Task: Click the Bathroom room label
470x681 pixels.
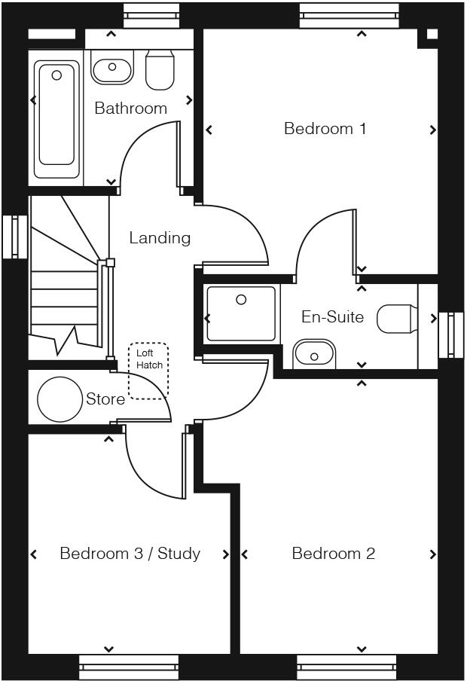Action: pos(130,108)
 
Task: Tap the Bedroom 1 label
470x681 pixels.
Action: pos(325,129)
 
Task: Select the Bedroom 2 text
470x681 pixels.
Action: pos(333,554)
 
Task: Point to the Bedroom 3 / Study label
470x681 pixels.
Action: pos(130,554)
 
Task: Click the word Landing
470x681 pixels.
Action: pos(160,238)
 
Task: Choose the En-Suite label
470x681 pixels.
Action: pos(332,317)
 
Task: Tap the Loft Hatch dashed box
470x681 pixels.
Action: pos(148,370)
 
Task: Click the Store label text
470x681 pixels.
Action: pos(105,399)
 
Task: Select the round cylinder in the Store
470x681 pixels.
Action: pos(60,399)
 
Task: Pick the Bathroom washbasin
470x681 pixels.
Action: pos(111,69)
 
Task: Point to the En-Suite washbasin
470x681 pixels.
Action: pos(314,353)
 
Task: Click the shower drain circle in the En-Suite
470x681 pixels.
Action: pos(241,300)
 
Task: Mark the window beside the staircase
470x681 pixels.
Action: pos(14,237)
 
